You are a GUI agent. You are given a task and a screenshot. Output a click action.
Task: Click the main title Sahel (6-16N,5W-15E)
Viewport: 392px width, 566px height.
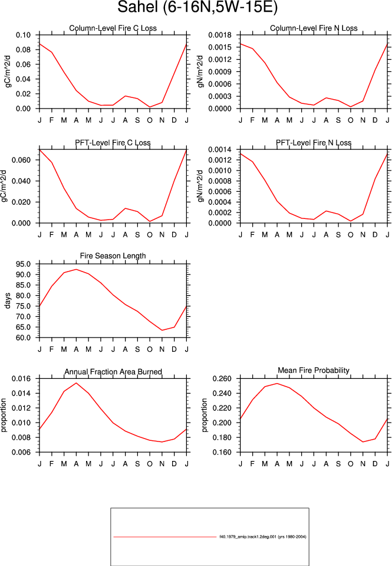click(x=197, y=7)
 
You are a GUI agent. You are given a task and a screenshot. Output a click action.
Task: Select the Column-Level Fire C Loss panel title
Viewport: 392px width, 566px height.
click(x=113, y=28)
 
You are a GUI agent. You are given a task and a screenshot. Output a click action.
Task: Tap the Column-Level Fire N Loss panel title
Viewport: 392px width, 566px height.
click(x=314, y=28)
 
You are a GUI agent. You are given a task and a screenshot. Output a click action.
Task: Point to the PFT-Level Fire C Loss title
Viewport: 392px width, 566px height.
click(x=113, y=143)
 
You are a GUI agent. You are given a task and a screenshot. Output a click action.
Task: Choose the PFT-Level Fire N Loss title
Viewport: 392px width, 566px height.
click(x=314, y=143)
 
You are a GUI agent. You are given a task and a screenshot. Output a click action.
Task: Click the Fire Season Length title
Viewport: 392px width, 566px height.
click(x=113, y=256)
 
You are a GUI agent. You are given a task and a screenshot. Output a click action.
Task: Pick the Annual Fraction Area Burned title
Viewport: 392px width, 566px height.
click(x=113, y=372)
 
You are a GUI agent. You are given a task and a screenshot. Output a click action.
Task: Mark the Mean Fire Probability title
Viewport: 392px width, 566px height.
click(x=314, y=371)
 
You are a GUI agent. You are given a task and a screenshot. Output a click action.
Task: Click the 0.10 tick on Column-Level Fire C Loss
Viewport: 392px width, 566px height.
click(x=23, y=35)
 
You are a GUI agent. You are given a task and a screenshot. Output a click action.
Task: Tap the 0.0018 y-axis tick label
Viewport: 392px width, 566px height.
click(x=220, y=35)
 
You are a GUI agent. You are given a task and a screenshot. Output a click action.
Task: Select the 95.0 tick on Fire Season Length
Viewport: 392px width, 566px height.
click(x=23, y=264)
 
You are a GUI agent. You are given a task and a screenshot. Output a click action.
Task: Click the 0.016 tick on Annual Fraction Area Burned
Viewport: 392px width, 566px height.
click(x=21, y=379)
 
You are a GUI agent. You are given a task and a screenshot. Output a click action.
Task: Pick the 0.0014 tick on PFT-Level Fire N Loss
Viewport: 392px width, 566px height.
click(x=220, y=149)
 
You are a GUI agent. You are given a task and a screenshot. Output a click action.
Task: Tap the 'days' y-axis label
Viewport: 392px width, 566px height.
click(x=8, y=300)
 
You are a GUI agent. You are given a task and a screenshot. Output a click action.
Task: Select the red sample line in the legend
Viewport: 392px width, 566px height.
click(x=165, y=537)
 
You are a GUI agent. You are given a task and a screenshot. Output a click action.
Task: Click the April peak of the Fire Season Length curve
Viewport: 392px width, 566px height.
click(x=76, y=269)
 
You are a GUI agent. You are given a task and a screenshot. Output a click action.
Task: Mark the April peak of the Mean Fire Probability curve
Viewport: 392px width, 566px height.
click(x=277, y=384)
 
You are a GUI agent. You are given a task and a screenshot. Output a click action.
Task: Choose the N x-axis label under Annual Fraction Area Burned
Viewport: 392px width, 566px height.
click(x=162, y=464)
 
